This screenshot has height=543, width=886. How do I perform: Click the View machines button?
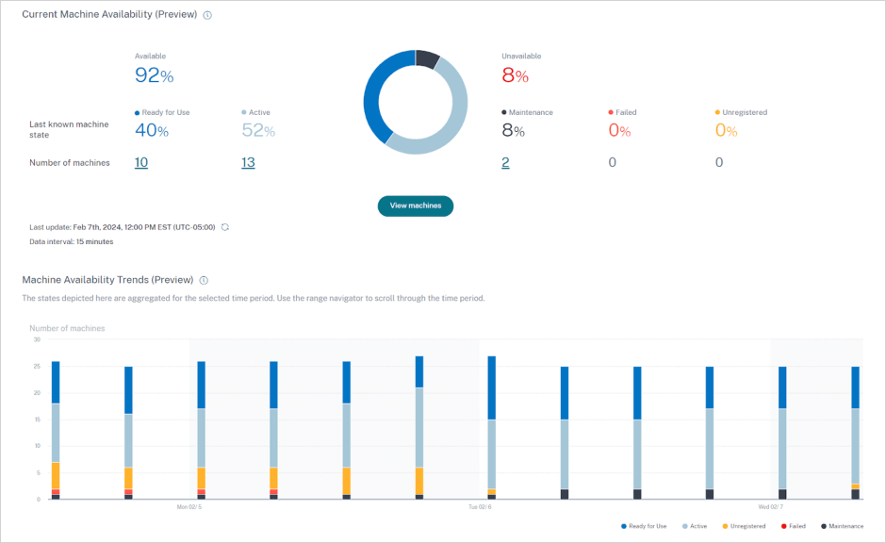point(416,206)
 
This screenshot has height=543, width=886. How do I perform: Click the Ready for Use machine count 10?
point(140,162)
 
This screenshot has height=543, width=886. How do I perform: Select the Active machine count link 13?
point(248,162)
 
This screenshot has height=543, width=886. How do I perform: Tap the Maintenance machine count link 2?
point(505,162)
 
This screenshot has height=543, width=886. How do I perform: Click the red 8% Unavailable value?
point(515,76)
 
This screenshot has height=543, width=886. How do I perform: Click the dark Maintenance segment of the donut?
point(427,59)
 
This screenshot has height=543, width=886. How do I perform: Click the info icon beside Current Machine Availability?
point(207,15)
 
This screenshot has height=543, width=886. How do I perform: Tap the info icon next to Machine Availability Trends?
point(205,280)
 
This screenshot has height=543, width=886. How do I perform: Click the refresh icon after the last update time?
point(225,227)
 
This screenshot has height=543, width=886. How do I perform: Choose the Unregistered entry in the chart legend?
point(743,526)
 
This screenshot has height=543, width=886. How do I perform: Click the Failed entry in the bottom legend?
point(793,526)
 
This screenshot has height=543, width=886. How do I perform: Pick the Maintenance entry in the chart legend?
point(842,526)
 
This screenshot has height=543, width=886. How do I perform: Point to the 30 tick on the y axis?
point(36,339)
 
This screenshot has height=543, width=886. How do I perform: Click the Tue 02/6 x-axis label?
point(480,507)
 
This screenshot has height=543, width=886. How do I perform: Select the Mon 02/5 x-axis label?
point(189,507)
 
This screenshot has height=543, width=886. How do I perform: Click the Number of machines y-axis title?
point(67,328)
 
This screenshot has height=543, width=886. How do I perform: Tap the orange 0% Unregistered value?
point(726,131)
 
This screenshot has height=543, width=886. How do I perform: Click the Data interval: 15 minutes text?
point(72,242)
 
